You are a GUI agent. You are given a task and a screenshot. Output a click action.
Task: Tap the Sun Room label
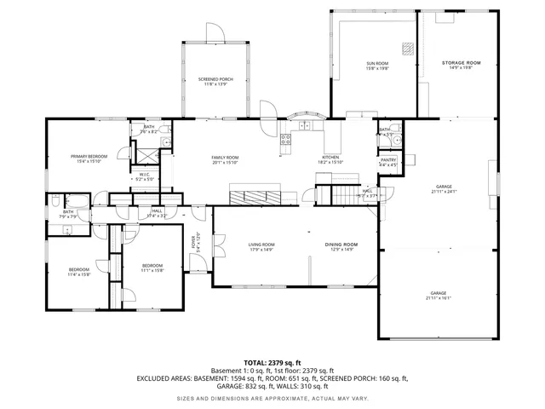[377, 66]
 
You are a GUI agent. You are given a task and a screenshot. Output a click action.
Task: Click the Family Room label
[225, 158]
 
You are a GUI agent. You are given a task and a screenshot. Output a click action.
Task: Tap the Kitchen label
[330, 158]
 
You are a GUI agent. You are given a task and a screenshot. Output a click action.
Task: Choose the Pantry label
[387, 161]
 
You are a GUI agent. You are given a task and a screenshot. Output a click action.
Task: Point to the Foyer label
[195, 241]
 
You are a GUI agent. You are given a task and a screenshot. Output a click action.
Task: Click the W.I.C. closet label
[145, 177]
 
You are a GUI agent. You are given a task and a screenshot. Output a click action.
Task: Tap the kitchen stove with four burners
[286, 140]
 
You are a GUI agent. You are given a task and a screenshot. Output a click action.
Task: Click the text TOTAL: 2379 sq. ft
[272, 362]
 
